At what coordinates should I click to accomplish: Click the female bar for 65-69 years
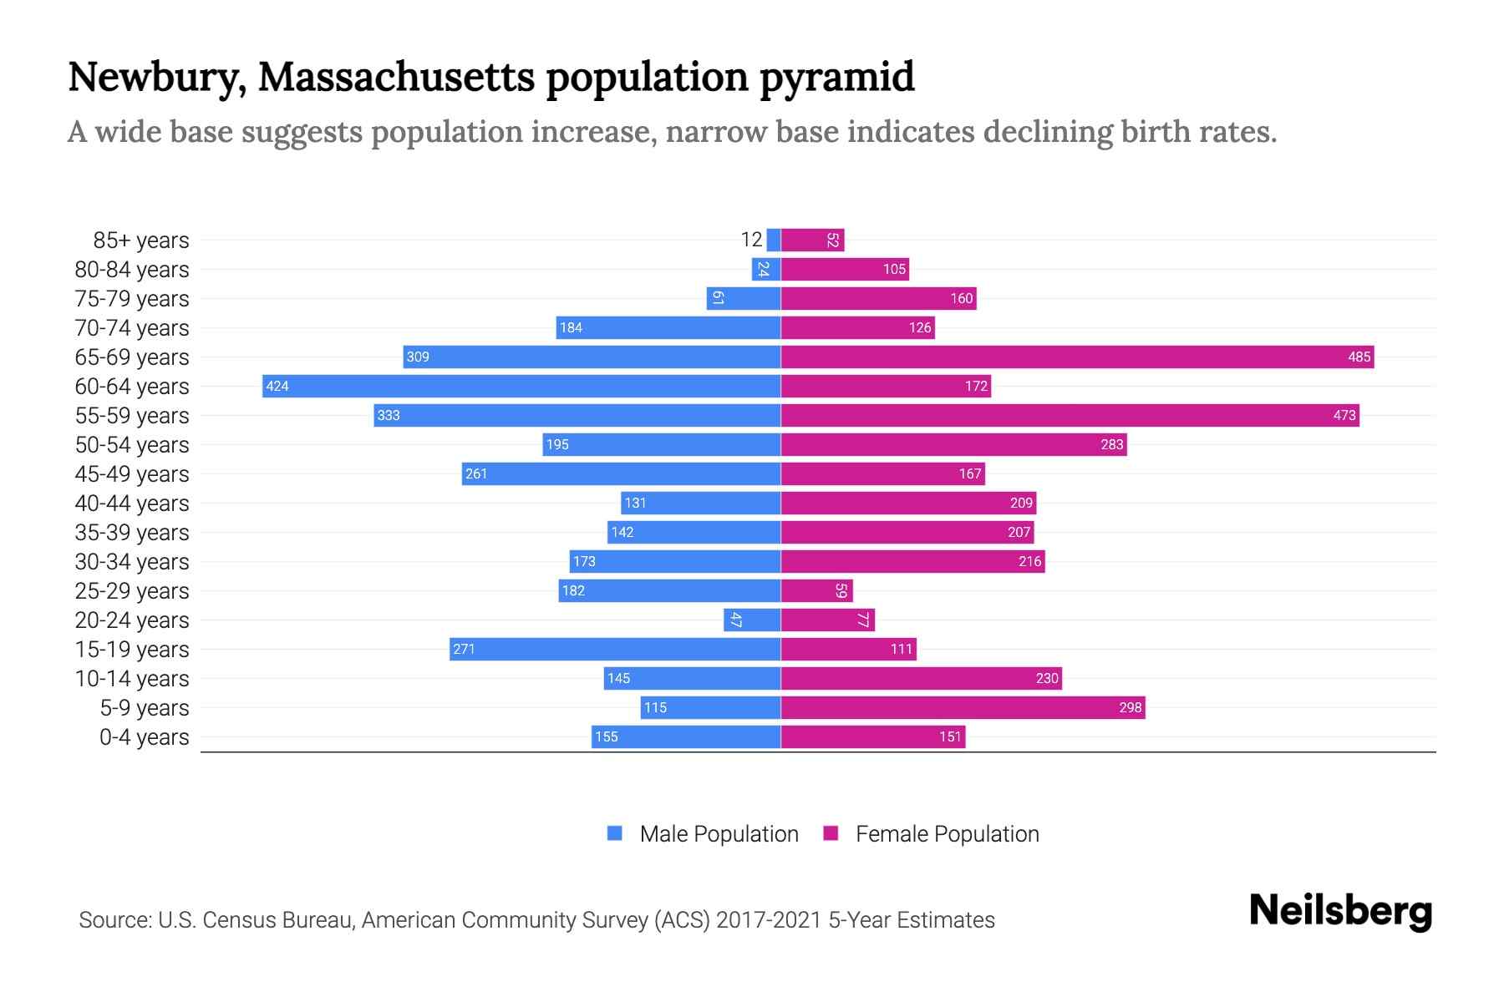(1077, 357)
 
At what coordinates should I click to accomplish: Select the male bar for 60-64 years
(521, 386)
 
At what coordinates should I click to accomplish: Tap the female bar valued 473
(1070, 415)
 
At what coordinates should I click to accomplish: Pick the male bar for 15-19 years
(615, 649)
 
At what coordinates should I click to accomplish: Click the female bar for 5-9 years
(963, 707)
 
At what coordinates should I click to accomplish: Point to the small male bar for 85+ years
(774, 240)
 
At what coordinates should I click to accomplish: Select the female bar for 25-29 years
(816, 590)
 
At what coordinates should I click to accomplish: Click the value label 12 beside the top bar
(751, 240)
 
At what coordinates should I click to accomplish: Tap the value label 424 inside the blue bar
(277, 386)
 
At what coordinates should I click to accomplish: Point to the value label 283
(1111, 444)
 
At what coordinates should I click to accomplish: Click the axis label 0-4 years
(144, 737)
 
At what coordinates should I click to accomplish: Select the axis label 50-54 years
(132, 445)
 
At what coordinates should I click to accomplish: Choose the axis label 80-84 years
(132, 270)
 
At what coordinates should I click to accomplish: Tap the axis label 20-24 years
(132, 620)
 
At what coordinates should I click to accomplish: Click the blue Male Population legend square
(615, 833)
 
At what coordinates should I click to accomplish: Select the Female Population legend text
(947, 834)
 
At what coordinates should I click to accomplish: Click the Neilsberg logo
(1340, 911)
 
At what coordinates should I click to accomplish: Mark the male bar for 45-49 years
(621, 473)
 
